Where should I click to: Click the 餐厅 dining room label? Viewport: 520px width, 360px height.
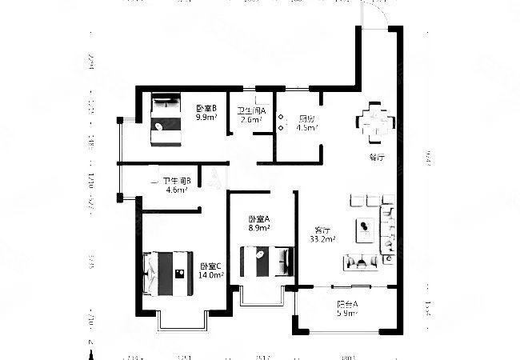click(377, 157)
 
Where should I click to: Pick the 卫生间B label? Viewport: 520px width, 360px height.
click(176, 181)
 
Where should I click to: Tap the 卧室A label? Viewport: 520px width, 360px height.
click(258, 218)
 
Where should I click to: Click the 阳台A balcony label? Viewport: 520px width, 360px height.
click(346, 304)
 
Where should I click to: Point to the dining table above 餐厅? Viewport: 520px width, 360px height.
click(376, 122)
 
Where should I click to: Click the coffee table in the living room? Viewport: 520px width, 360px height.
click(365, 228)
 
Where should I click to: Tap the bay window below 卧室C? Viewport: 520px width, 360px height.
click(182, 319)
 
